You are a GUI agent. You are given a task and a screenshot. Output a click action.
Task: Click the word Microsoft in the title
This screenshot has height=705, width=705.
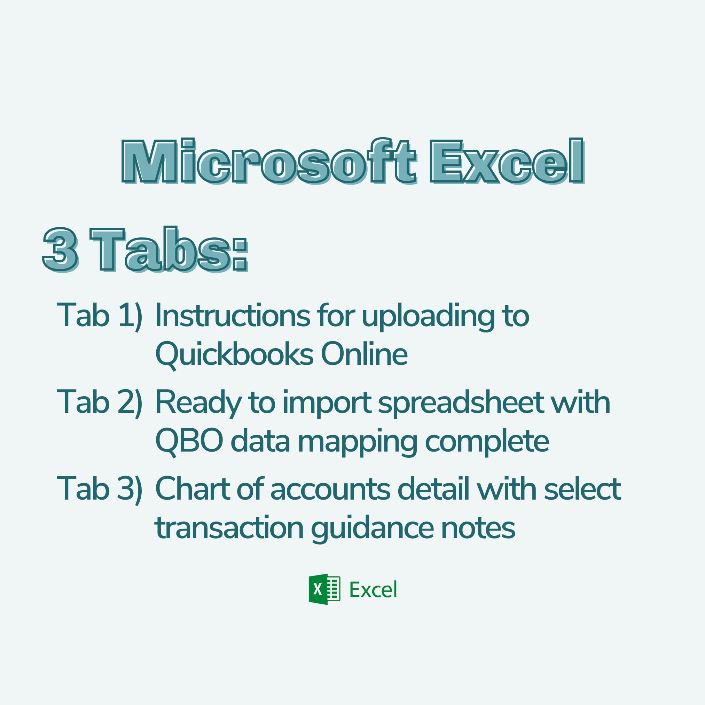click(x=268, y=162)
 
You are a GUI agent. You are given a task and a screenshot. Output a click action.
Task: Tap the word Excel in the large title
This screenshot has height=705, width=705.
click(x=507, y=162)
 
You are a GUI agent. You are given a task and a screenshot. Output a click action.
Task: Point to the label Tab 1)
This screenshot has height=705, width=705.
click(x=99, y=316)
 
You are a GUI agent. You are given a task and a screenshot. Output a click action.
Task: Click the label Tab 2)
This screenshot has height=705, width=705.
click(x=99, y=402)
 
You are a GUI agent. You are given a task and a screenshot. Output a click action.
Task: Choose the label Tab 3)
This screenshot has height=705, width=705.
click(x=99, y=489)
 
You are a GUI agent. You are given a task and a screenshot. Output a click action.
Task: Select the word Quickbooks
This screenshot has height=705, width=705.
click(x=234, y=355)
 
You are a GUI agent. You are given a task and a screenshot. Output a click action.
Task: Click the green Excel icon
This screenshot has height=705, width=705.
click(x=324, y=589)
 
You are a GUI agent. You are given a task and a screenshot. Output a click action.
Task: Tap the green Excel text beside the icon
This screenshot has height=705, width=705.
click(x=373, y=590)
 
